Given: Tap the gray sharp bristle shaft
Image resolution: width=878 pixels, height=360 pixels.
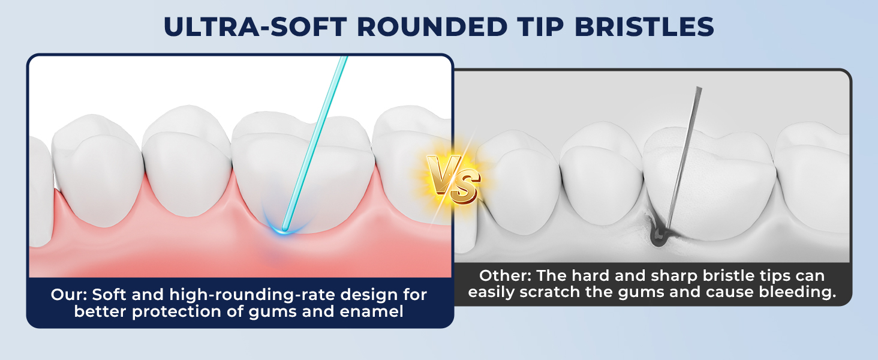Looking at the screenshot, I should click(x=684, y=156).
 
